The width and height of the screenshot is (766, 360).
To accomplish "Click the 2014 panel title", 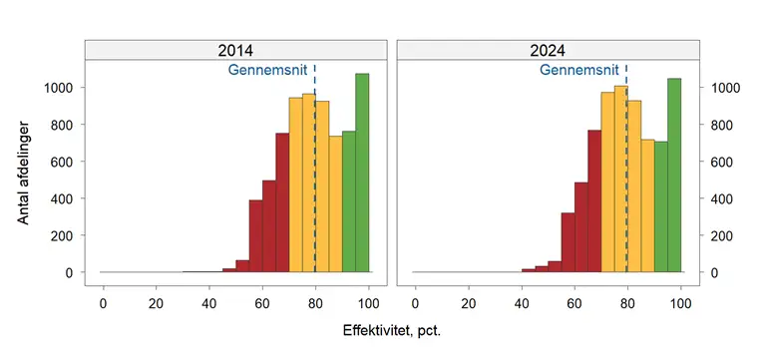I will [x=235, y=50].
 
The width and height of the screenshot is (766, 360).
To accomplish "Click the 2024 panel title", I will [x=548, y=50].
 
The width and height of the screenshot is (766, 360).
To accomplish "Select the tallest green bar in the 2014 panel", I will [x=362, y=173].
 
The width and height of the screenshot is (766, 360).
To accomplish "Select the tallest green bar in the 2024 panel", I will [x=674, y=175].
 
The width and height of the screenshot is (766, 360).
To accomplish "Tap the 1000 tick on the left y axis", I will [x=58, y=88].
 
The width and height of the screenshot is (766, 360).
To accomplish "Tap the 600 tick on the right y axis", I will [x=724, y=162].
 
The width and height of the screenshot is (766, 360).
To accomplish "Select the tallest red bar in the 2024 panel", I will [x=594, y=201].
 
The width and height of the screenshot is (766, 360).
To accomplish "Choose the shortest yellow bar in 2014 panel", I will [x=335, y=204].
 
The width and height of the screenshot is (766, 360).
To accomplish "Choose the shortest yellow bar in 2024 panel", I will [x=647, y=205].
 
